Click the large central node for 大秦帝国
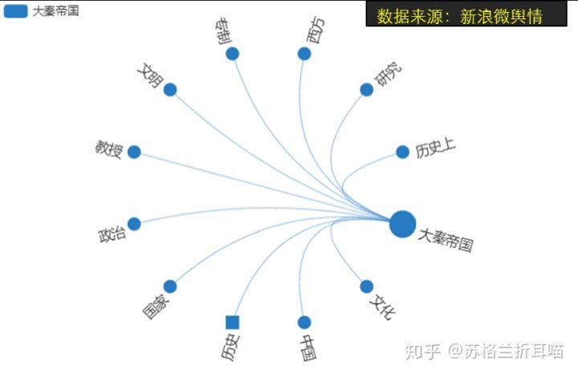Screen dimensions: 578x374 402,224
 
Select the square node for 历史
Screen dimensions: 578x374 232,323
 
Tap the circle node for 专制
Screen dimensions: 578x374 232,54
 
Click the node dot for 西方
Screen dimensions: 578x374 304,54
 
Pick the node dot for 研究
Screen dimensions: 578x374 367,89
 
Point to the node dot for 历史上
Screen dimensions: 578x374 402,152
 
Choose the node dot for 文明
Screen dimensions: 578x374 169,89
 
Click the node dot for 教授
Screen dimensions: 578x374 134,152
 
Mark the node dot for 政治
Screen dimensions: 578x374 134,224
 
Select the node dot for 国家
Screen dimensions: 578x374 169,287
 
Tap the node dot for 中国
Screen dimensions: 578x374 304,323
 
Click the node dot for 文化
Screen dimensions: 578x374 367,287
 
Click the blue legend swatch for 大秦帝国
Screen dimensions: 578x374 16,11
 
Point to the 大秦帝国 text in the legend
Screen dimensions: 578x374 55,12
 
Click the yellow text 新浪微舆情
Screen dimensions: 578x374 501,16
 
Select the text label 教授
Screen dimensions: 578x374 109,148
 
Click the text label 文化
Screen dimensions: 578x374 382,307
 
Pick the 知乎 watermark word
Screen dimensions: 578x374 423,351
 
